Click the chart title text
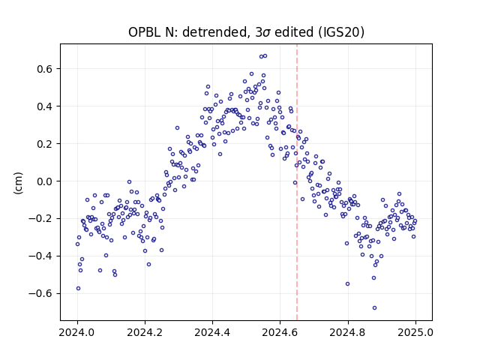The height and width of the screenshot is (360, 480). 246,32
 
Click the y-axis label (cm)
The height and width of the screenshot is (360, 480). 18,183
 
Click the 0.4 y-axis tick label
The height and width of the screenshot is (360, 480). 45,106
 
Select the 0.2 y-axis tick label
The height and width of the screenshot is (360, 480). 45,143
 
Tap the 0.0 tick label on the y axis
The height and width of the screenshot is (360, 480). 45,181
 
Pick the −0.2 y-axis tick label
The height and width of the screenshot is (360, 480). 41,218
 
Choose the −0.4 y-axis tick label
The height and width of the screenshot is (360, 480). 41,256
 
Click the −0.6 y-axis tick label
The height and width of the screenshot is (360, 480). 41,293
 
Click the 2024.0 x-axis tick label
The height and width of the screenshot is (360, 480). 77,332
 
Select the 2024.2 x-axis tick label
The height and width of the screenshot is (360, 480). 145,332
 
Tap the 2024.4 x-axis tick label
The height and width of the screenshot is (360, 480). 212,332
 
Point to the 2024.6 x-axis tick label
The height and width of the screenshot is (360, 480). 280,332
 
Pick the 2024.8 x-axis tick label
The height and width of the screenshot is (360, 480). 348,332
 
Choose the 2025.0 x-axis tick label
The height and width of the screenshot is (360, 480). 415,332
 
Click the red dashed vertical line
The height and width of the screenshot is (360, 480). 297,182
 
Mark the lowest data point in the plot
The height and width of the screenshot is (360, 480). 374,307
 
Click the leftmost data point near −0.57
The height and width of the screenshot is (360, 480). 78,288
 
